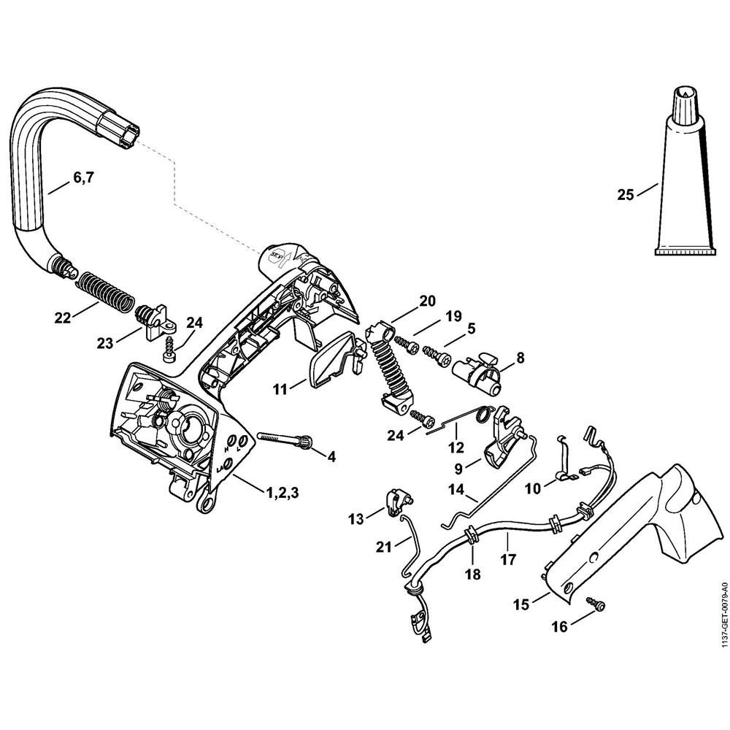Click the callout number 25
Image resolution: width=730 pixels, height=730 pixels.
click(x=625, y=194)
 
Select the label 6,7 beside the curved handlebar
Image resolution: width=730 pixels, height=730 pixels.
click(x=82, y=177)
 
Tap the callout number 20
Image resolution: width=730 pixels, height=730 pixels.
click(x=407, y=300)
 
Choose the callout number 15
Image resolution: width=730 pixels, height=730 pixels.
click(x=521, y=605)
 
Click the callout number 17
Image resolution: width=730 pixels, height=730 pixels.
click(x=508, y=560)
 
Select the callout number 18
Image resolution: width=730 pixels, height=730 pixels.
click(x=473, y=575)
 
